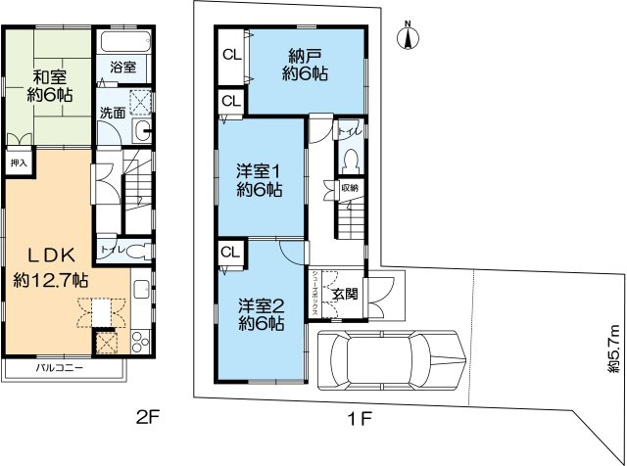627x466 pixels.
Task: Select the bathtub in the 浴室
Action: (x=122, y=43)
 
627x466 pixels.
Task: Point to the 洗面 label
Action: (x=113, y=113)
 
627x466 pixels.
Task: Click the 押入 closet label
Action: (x=19, y=164)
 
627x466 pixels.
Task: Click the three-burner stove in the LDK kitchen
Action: (x=139, y=342)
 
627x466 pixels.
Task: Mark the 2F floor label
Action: (x=147, y=419)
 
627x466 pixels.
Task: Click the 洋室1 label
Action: (x=260, y=179)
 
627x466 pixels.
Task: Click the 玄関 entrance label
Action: (x=343, y=293)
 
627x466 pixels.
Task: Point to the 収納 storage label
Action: (x=349, y=187)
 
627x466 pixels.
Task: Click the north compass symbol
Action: (x=409, y=37)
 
